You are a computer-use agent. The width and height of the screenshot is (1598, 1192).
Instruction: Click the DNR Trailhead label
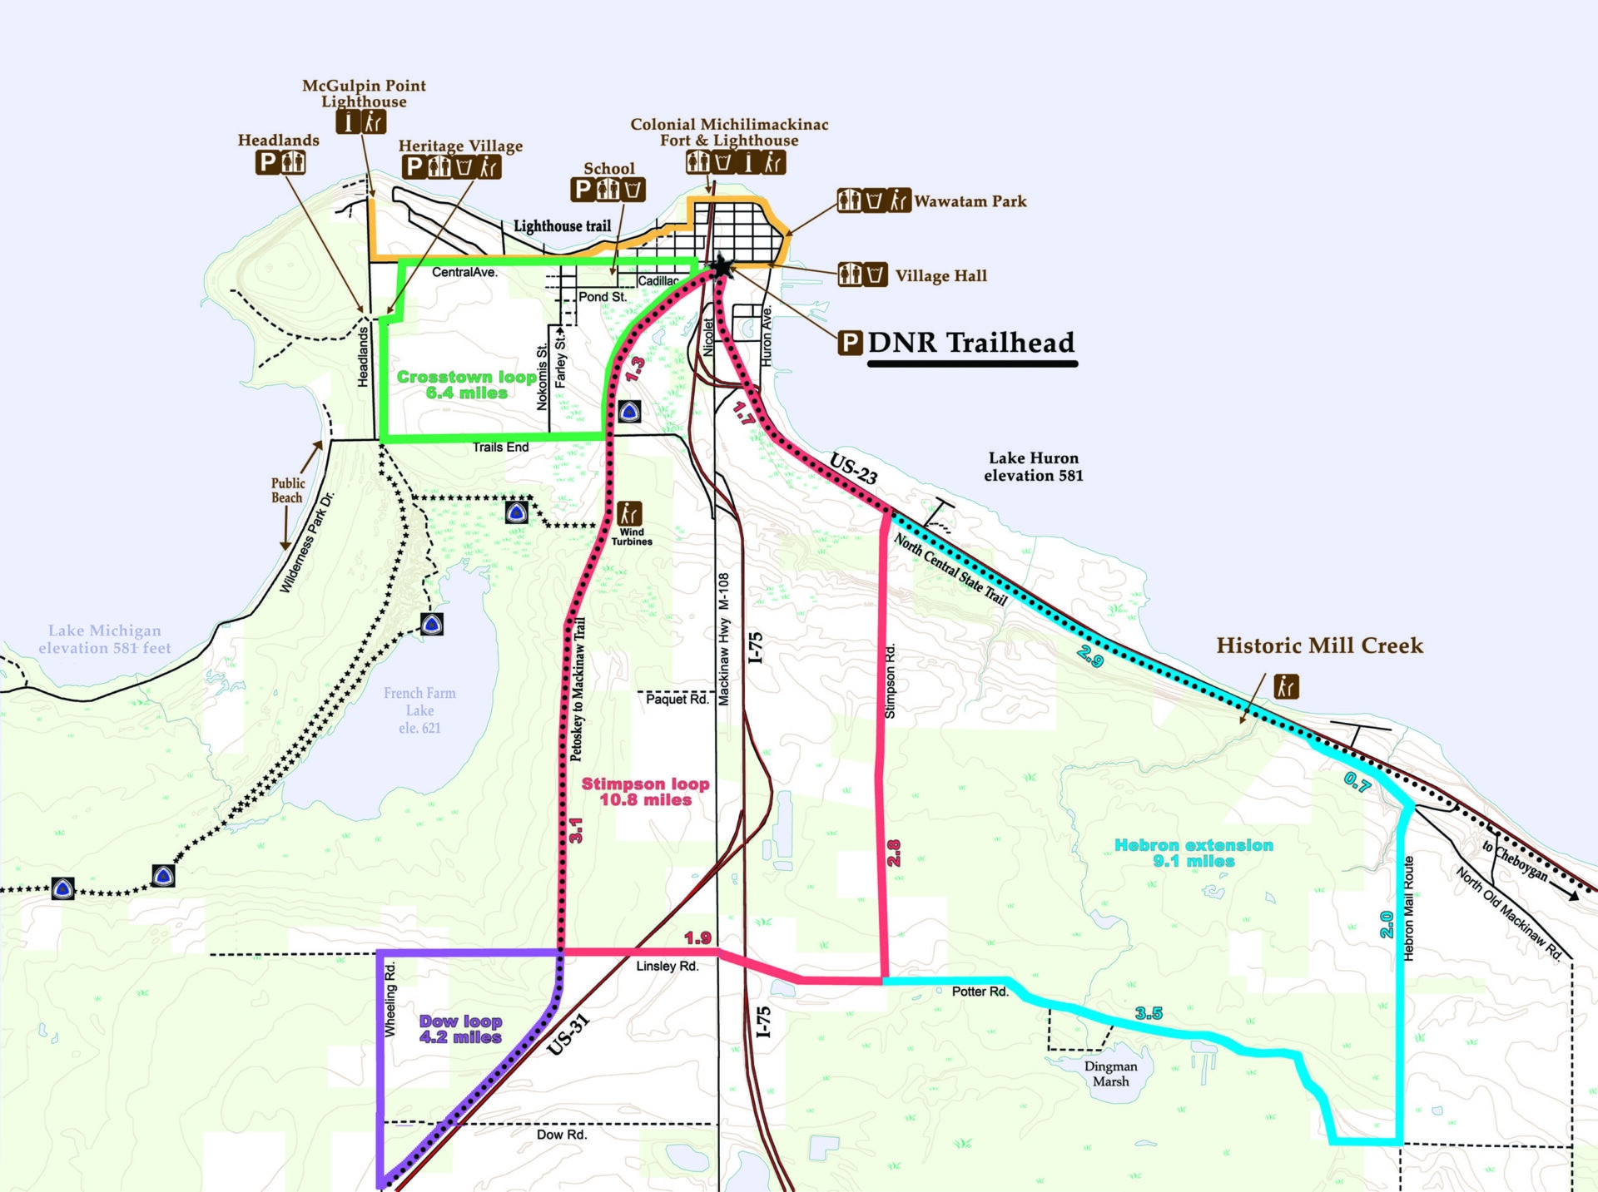pos(970,343)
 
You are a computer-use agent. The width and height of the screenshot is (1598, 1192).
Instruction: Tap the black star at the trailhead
pos(722,267)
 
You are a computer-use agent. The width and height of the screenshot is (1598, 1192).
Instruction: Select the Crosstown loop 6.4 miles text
pos(466,384)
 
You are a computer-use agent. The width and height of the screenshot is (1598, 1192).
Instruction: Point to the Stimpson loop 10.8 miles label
pos(645,791)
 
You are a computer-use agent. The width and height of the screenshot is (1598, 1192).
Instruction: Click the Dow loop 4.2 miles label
pos(460,1029)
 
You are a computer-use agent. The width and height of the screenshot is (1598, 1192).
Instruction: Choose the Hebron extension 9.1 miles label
pos(1194,853)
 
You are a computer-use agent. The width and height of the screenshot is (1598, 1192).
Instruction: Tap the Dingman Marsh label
pos(1110,1074)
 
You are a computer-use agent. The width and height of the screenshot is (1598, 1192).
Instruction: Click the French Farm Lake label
pos(419,710)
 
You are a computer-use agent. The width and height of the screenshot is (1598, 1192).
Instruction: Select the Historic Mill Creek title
pos(1319,645)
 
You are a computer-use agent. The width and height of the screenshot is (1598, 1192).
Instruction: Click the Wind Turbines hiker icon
pos(629,512)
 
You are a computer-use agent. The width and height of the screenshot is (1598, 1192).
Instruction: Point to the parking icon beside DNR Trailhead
pos(850,343)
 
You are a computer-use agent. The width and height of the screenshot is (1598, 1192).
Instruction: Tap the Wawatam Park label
pos(970,201)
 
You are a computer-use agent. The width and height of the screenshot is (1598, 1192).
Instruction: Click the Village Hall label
pos(940,276)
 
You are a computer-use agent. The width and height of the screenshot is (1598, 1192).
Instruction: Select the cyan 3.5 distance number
pos(1149,1013)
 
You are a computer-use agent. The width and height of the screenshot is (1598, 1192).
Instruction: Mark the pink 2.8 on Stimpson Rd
pos(894,853)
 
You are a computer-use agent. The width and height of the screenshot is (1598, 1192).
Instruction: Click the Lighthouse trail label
pos(562,226)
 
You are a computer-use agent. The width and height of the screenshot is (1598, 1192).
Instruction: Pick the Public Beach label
pos(287,490)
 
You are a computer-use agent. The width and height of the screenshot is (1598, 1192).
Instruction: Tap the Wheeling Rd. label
pos(390,999)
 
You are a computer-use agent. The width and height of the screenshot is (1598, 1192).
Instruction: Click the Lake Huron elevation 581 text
pos(1033,467)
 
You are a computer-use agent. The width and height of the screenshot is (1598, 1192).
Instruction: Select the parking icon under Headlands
pos(267,162)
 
